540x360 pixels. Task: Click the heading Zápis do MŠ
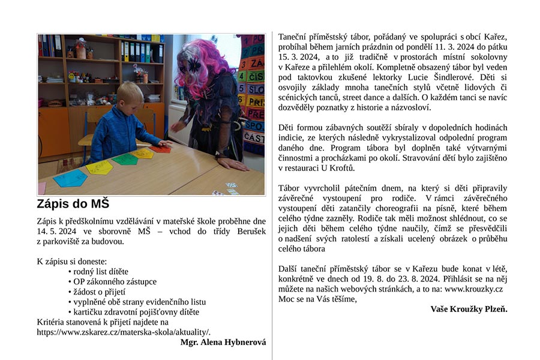pos(73,203)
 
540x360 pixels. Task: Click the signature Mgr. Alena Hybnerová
pos(223,342)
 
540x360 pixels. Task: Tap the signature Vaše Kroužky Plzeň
pos(469,309)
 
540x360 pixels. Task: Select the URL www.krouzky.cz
pos(473,289)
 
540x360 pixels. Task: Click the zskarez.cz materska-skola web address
pos(124,332)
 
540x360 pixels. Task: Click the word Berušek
pos(246,231)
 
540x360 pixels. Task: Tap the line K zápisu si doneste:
pos(72,261)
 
